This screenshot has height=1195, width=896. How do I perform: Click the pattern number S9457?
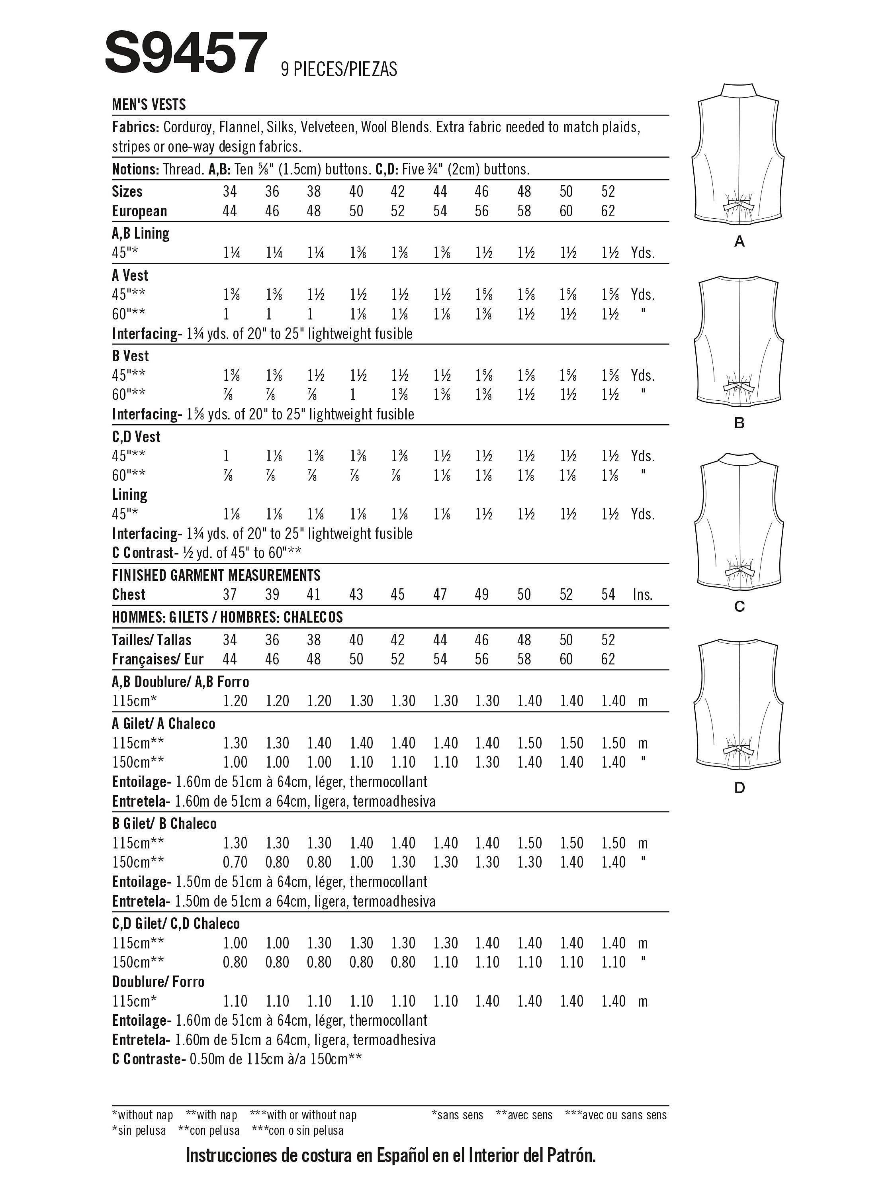[186, 53]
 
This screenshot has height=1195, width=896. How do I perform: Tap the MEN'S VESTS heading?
[149, 104]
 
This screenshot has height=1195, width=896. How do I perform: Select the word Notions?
[134, 169]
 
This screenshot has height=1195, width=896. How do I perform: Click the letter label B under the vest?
[739, 423]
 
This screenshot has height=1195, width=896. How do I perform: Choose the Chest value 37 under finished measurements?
[229, 594]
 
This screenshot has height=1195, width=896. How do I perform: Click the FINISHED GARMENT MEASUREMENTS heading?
[216, 575]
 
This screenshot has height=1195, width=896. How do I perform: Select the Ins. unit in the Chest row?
[643, 595]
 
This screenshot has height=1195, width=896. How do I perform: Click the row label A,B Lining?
[141, 233]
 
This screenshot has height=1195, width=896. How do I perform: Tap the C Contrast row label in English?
[142, 552]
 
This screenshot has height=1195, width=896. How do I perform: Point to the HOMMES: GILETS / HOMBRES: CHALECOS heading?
[227, 617]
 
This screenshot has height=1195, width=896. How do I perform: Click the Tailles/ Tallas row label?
[151, 640]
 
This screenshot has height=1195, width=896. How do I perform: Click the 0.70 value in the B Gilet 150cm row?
[235, 862]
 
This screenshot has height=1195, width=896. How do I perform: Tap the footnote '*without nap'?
[142, 1115]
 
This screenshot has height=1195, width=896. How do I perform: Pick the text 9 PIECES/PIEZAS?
[338, 69]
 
